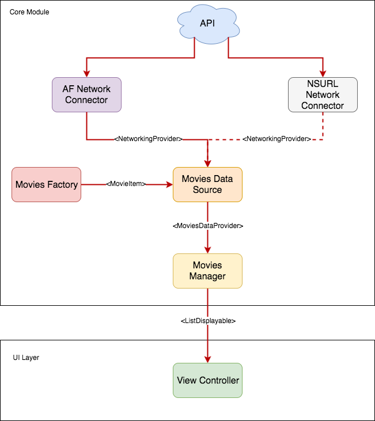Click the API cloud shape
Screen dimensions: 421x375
pyautogui.click(x=207, y=24)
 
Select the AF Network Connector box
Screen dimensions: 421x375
pyautogui.click(x=86, y=94)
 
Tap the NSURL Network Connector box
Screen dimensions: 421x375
pyautogui.click(x=323, y=94)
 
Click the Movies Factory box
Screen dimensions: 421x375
pyautogui.click(x=47, y=184)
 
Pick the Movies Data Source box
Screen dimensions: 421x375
pyautogui.click(x=207, y=184)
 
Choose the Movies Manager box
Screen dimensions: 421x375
pyautogui.click(x=207, y=271)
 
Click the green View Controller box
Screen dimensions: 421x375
pyautogui.click(x=207, y=380)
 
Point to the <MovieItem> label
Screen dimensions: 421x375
pyautogui.click(x=126, y=184)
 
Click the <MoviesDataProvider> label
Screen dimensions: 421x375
pyautogui.click(x=208, y=226)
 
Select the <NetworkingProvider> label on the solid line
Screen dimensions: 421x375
pyautogui.click(x=149, y=139)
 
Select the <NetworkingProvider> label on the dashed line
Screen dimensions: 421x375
pyautogui.click(x=276, y=139)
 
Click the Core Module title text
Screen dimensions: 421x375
pyautogui.click(x=29, y=12)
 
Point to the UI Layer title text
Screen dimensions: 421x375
pyautogui.click(x=26, y=358)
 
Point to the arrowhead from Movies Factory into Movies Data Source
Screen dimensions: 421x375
pyautogui.click(x=169, y=184)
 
